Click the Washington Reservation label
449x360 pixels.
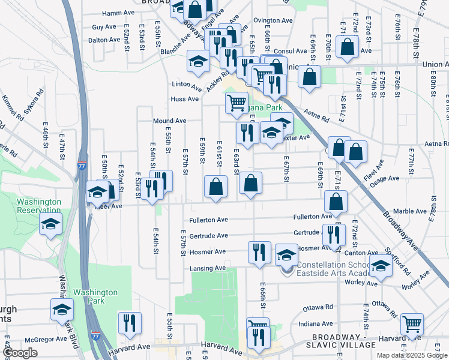point(38,206)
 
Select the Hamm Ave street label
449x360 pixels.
point(118,12)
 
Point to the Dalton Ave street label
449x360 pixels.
point(104,40)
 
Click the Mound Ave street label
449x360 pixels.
point(169,121)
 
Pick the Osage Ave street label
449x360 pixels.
point(384,178)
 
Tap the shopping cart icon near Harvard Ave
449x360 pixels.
point(412,323)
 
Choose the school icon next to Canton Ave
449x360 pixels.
point(381,265)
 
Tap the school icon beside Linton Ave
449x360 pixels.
point(197,60)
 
